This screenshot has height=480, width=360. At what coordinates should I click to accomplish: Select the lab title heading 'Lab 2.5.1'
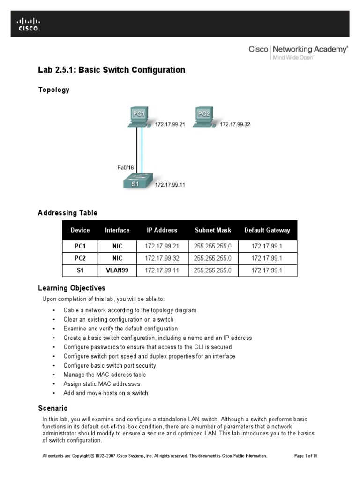pos(112,70)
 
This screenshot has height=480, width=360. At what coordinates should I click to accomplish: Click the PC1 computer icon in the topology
pos(138,117)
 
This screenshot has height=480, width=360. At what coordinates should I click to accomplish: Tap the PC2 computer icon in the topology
pos(204,117)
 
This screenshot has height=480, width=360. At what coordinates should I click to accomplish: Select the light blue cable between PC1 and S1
pos(142,150)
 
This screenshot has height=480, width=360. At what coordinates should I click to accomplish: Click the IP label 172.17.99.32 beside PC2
pos(235,125)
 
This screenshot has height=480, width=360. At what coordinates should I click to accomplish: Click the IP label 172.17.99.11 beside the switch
pos(170,185)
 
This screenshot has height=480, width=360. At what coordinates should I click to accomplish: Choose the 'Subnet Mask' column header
pos(213,230)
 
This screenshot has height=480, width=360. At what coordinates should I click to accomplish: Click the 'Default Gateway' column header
pos(267,230)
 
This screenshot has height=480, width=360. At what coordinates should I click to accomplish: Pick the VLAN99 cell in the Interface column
pos(117,270)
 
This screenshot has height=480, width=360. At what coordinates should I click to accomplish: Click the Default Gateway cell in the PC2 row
pos(267,258)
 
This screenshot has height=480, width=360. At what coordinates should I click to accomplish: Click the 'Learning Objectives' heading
pos(72,288)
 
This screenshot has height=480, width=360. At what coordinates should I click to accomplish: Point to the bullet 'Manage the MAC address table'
pos(105,375)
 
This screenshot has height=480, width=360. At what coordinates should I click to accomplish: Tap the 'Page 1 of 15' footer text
pos(306,456)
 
